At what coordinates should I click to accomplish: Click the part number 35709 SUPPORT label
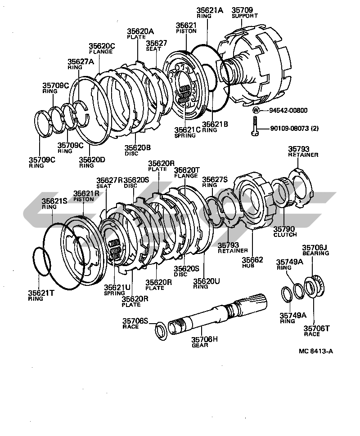pos(243,12)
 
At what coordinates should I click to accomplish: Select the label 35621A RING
pos(209,12)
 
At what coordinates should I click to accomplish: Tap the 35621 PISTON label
pos(186,28)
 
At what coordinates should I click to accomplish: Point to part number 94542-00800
pos(288,110)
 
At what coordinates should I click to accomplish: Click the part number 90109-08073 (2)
pos(294,129)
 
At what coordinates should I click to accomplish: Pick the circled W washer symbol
pos(256,110)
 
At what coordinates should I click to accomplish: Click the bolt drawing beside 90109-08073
pos(255,127)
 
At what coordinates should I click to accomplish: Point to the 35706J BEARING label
pos(315,250)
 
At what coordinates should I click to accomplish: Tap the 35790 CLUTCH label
pos(285,231)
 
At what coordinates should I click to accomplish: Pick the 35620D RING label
pos(92,161)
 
